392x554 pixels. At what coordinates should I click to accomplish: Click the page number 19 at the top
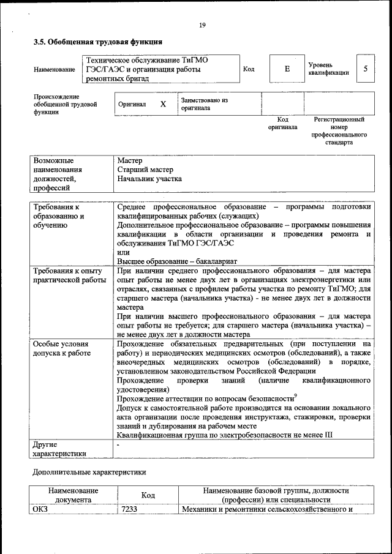(x=202, y=25)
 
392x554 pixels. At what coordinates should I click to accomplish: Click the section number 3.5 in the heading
(x=39, y=42)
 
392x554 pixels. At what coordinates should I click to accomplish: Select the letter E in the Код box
(x=287, y=69)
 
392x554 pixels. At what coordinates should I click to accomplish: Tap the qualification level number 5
(x=366, y=69)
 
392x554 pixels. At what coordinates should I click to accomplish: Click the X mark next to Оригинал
(x=163, y=104)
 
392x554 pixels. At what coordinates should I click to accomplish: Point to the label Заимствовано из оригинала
(x=204, y=103)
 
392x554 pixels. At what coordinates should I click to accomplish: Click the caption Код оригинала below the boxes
(x=282, y=123)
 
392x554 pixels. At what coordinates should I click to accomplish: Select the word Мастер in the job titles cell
(x=129, y=160)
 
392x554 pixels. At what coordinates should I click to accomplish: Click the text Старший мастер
(x=145, y=170)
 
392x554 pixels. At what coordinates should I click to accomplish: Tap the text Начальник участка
(x=149, y=179)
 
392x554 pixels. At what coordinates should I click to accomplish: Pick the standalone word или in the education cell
(x=123, y=252)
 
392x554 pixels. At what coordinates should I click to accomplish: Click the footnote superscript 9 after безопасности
(x=296, y=395)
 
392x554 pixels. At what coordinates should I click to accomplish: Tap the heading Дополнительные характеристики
(x=89, y=473)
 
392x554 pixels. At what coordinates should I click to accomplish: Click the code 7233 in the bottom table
(x=129, y=509)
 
